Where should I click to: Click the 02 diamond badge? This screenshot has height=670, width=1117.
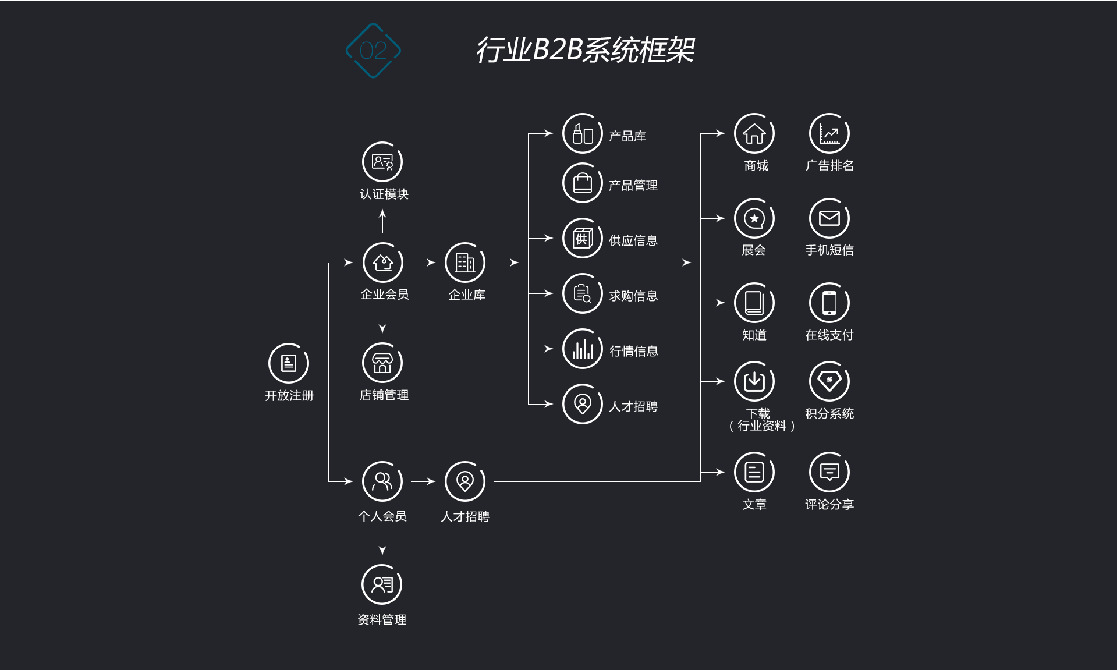tap(373, 51)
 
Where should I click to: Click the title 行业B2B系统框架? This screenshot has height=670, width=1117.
tap(585, 50)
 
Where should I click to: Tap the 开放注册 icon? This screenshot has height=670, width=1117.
tap(289, 363)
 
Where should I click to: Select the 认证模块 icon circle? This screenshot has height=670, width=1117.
tap(382, 162)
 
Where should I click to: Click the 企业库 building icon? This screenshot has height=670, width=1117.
tap(465, 263)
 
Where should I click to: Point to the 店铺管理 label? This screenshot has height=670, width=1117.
tap(384, 395)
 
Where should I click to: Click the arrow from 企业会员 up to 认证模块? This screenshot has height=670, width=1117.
tap(382, 221)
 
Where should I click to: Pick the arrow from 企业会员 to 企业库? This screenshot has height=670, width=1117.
tap(423, 263)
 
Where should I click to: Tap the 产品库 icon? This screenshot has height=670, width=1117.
tap(582, 134)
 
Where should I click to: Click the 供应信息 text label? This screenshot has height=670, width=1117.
tap(633, 240)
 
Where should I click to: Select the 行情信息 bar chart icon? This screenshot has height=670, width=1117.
tap(582, 349)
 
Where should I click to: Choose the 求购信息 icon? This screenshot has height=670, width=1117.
tap(582, 293)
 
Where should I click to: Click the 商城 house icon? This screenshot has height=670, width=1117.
tap(754, 134)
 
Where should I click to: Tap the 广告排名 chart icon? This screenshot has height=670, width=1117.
tap(829, 134)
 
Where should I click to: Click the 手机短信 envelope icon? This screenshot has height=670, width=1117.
tap(829, 218)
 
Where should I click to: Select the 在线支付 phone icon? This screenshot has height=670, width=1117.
tap(829, 303)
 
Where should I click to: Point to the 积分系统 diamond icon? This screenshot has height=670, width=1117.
tap(829, 381)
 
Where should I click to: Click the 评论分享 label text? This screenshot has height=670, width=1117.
tap(829, 505)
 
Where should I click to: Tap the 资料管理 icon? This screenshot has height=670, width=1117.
tap(382, 584)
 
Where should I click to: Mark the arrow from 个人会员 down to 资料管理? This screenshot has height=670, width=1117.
tap(382, 543)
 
